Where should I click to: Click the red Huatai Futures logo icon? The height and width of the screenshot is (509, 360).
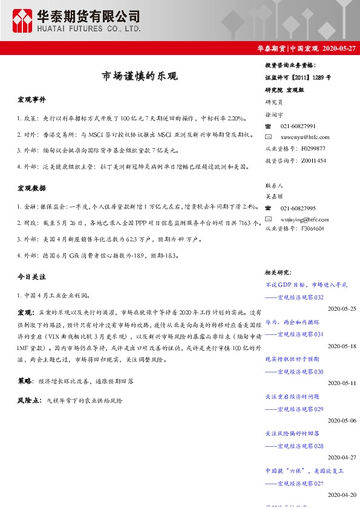click(x=22, y=22)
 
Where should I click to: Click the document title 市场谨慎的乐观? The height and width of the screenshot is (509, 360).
click(x=139, y=77)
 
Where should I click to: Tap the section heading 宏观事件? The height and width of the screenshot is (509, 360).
click(x=31, y=100)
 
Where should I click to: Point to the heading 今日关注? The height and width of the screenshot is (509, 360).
click(x=31, y=276)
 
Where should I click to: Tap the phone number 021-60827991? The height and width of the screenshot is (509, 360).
click(x=298, y=126)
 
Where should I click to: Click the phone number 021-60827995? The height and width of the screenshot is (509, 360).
click(x=298, y=207)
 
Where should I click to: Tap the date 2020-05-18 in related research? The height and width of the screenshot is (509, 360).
click(x=342, y=346)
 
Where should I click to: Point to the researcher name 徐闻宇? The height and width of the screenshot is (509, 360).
click(x=276, y=114)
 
